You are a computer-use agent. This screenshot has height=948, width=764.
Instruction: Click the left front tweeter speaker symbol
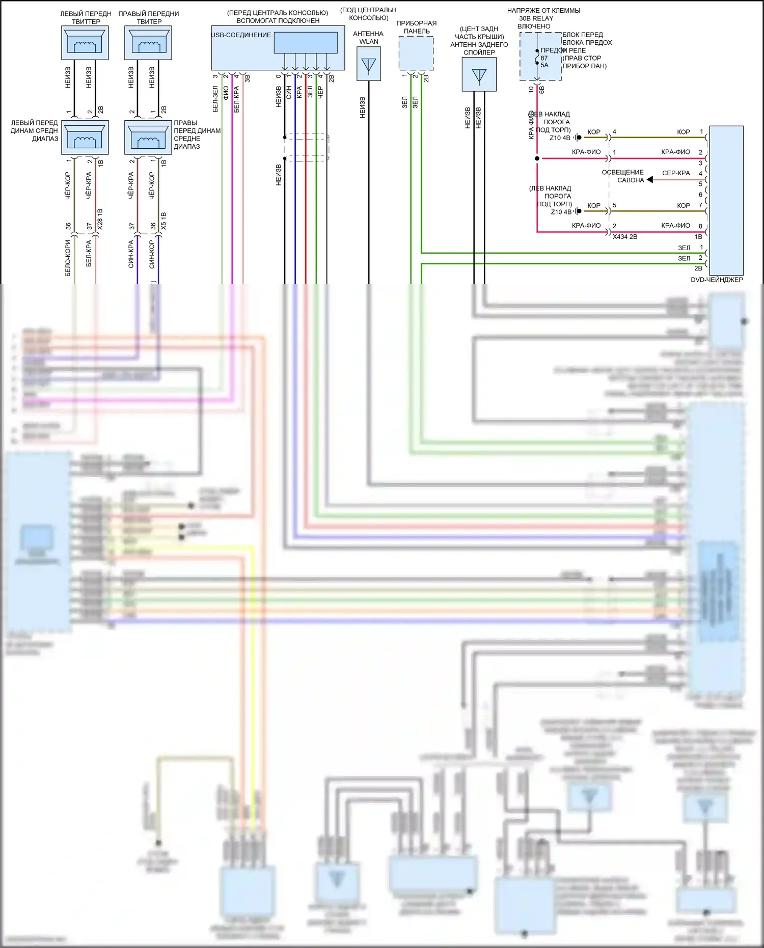[x=85, y=43]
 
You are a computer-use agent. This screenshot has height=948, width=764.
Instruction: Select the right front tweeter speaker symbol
[x=148, y=43]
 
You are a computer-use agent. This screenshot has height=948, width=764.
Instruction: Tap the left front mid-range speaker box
[x=85, y=137]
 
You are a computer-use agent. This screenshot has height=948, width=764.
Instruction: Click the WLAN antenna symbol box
[x=369, y=64]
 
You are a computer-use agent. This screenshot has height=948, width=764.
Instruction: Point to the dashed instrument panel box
[x=416, y=53]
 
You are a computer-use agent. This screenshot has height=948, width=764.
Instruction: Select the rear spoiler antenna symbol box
[x=479, y=74]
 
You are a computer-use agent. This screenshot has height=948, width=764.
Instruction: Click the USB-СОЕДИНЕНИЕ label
[x=241, y=35]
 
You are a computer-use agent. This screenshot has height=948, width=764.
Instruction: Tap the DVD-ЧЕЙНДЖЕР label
[x=717, y=280]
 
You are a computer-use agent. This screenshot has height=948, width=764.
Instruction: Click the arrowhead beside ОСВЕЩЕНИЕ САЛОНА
[x=650, y=180]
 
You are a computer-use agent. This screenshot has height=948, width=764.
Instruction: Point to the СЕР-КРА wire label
[x=676, y=173]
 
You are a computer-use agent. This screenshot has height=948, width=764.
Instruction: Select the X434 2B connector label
[x=625, y=237]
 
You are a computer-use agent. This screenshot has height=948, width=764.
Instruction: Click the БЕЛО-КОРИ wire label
[x=68, y=258]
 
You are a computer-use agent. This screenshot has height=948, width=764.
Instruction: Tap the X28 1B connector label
[x=100, y=219]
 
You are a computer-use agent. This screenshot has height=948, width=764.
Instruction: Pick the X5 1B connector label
[x=163, y=221]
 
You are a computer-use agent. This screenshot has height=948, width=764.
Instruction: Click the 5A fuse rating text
[x=544, y=65]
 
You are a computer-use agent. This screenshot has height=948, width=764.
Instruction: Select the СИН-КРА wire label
[x=131, y=254]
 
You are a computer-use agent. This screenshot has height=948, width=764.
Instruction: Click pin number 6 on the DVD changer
[x=700, y=195]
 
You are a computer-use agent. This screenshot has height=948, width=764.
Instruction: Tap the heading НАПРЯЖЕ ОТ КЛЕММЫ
[x=543, y=11]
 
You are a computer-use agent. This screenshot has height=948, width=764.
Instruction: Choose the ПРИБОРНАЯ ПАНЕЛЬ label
[x=416, y=27]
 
